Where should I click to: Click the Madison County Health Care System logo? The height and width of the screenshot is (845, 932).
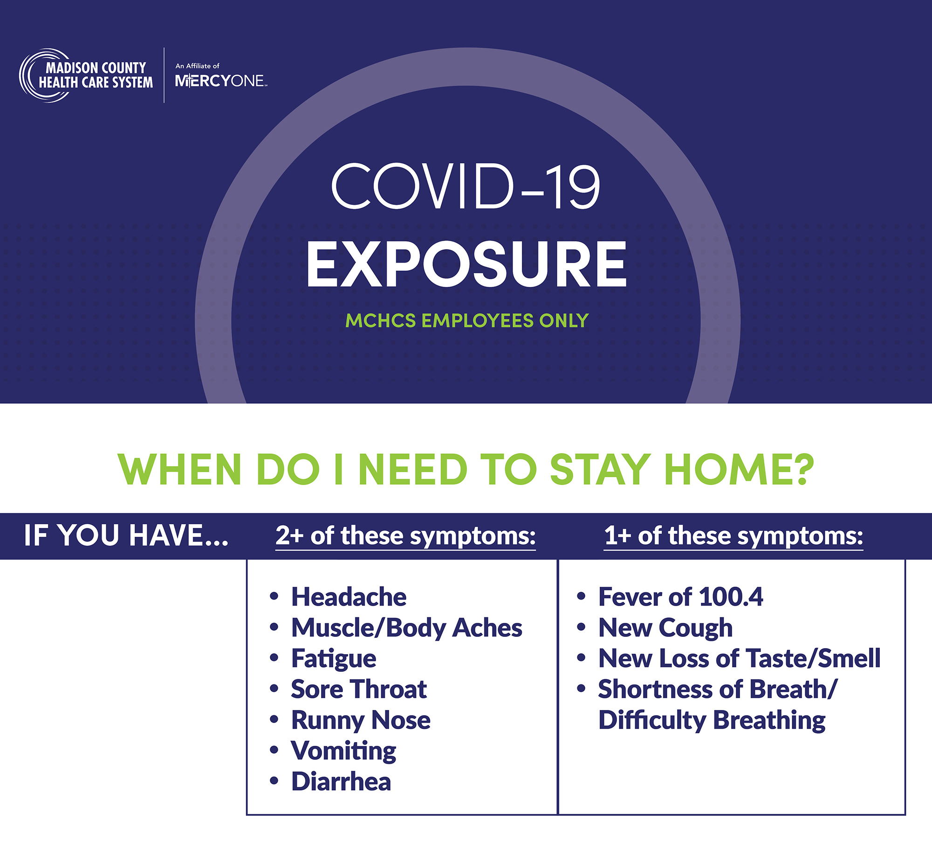[86, 75]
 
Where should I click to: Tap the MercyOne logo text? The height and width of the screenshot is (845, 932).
[220, 81]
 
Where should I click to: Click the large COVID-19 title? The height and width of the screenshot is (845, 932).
[466, 186]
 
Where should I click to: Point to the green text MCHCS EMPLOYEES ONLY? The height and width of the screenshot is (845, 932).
[467, 320]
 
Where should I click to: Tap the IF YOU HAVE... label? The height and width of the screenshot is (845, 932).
[126, 535]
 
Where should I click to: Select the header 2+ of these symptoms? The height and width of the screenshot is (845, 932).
[405, 536]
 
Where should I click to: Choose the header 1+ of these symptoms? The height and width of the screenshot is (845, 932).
[733, 536]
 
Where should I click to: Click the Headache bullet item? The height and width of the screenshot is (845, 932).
[349, 597]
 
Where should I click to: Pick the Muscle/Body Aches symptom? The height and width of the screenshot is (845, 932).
[407, 628]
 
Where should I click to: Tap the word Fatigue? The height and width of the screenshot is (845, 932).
[334, 659]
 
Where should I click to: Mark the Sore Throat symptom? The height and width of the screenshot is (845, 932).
[359, 689]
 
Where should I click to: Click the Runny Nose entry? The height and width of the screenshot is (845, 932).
[361, 720]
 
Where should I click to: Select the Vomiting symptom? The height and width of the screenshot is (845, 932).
[343, 751]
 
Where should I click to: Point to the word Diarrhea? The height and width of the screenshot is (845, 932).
[341, 782]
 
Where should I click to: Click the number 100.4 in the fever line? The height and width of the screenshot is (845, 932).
[731, 597]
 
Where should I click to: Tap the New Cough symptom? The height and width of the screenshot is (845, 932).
[665, 628]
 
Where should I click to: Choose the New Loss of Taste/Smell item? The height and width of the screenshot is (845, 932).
[740, 658]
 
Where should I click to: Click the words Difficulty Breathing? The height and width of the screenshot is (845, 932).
[712, 720]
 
